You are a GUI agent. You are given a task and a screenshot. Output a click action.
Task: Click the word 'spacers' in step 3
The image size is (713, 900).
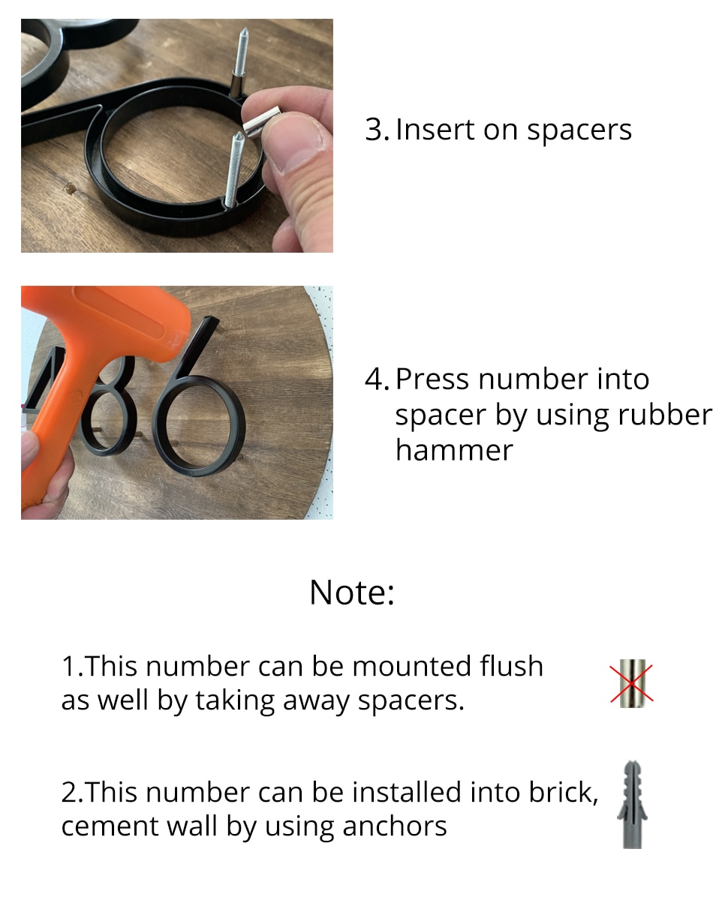coord(579,130)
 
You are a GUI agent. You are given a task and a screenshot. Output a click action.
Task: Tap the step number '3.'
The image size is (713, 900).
coord(377,130)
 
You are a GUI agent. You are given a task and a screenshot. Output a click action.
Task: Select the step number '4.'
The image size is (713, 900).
coord(377,379)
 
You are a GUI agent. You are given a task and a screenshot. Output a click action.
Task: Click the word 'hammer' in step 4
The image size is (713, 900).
coord(454,450)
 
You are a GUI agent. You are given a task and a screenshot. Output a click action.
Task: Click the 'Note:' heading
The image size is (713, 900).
coord(351,592)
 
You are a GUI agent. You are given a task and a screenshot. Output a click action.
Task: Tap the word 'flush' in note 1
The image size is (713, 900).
coord(511,666)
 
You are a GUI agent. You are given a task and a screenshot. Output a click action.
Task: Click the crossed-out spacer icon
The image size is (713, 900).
coord(632,683)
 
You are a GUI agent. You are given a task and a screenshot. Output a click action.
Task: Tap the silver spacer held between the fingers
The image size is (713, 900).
coord(263,121)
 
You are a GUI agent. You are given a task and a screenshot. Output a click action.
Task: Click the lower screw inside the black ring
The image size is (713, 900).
coord(233,169)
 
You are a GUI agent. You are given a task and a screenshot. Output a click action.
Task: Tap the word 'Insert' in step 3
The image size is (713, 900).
coord(434,130)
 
